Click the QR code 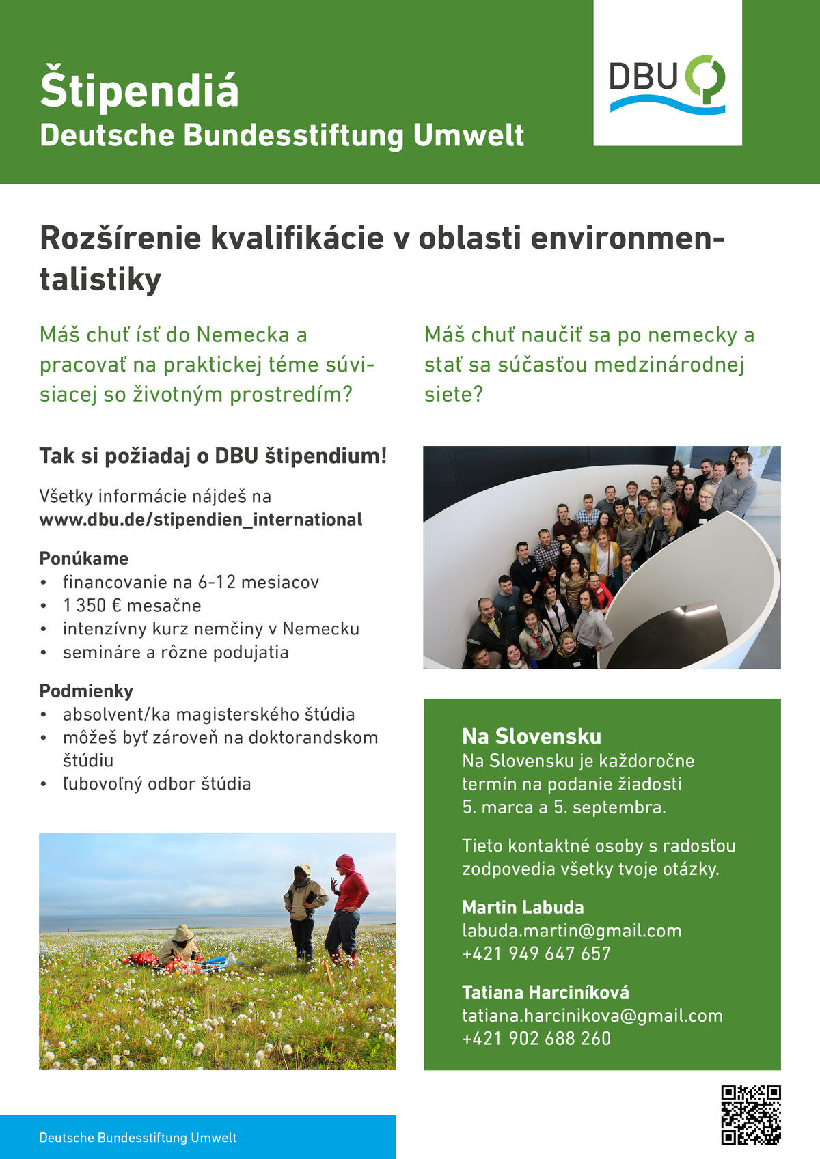[750, 1114]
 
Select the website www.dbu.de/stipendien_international [201, 520]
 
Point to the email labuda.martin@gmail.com [571, 930]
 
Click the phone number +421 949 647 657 [536, 953]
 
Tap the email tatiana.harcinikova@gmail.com [592, 1016]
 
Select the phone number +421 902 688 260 [536, 1038]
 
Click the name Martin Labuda [523, 907]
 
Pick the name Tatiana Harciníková [545, 992]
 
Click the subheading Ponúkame [84, 558]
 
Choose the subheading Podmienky [86, 690]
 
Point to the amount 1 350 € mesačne [132, 605]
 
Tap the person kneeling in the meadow [180, 946]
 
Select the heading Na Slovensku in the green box [532, 736]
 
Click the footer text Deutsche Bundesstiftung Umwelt [138, 1137]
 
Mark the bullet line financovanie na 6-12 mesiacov [191, 582]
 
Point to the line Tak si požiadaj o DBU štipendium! [213, 456]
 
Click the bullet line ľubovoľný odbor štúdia [156, 783]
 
